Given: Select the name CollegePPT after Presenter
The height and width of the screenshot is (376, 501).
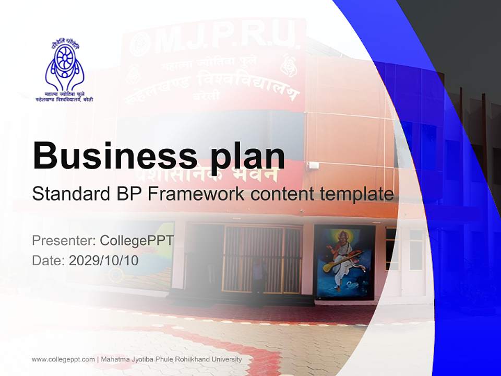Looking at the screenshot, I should point(137,241).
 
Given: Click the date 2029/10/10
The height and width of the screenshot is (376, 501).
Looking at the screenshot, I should point(104,260).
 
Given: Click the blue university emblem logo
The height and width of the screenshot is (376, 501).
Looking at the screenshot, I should point(64,65).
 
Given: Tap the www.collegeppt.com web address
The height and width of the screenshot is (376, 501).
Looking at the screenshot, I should point(63,359).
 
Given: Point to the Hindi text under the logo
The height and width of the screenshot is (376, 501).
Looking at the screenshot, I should point(64,96).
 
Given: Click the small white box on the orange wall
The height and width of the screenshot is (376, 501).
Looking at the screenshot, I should point(313,166).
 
